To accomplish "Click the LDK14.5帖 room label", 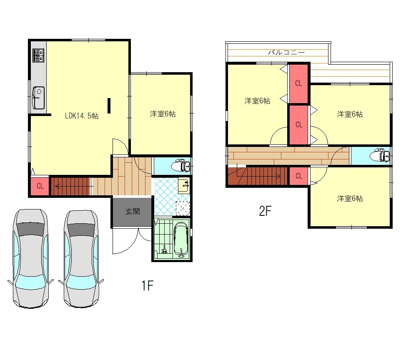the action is pyautogui.click(x=82, y=116).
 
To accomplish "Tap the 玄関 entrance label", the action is pyautogui.click(x=133, y=212).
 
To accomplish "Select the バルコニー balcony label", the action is pyautogui.click(x=286, y=53).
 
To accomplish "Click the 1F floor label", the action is pyautogui.click(x=147, y=285).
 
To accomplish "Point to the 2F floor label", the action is pyautogui.click(x=265, y=211).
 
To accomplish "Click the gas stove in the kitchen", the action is pyautogui.click(x=38, y=56).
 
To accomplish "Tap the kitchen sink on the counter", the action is pyautogui.click(x=38, y=98).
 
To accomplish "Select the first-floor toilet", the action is pyautogui.click(x=181, y=166).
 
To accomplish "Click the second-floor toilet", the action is pyautogui.click(x=380, y=156).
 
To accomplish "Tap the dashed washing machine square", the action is pyautogui.click(x=183, y=208).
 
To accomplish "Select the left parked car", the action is pyautogui.click(x=31, y=258).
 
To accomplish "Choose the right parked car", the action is pyautogui.click(x=81, y=259).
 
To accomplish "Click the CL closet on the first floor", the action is pyautogui.click(x=40, y=186).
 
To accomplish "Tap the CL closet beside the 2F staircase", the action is pyautogui.click(x=299, y=176).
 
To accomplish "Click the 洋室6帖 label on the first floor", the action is pyautogui.click(x=163, y=114).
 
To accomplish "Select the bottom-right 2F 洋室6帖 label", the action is pyautogui.click(x=350, y=199).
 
